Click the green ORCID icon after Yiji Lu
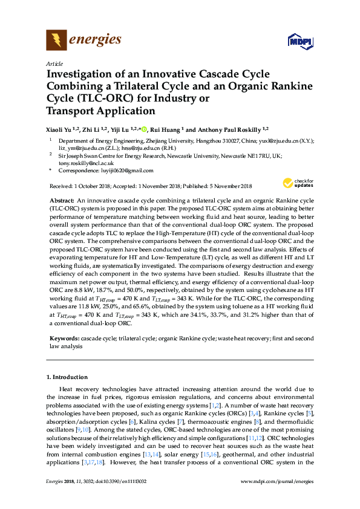point(144,129)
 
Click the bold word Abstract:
point(61,199)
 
